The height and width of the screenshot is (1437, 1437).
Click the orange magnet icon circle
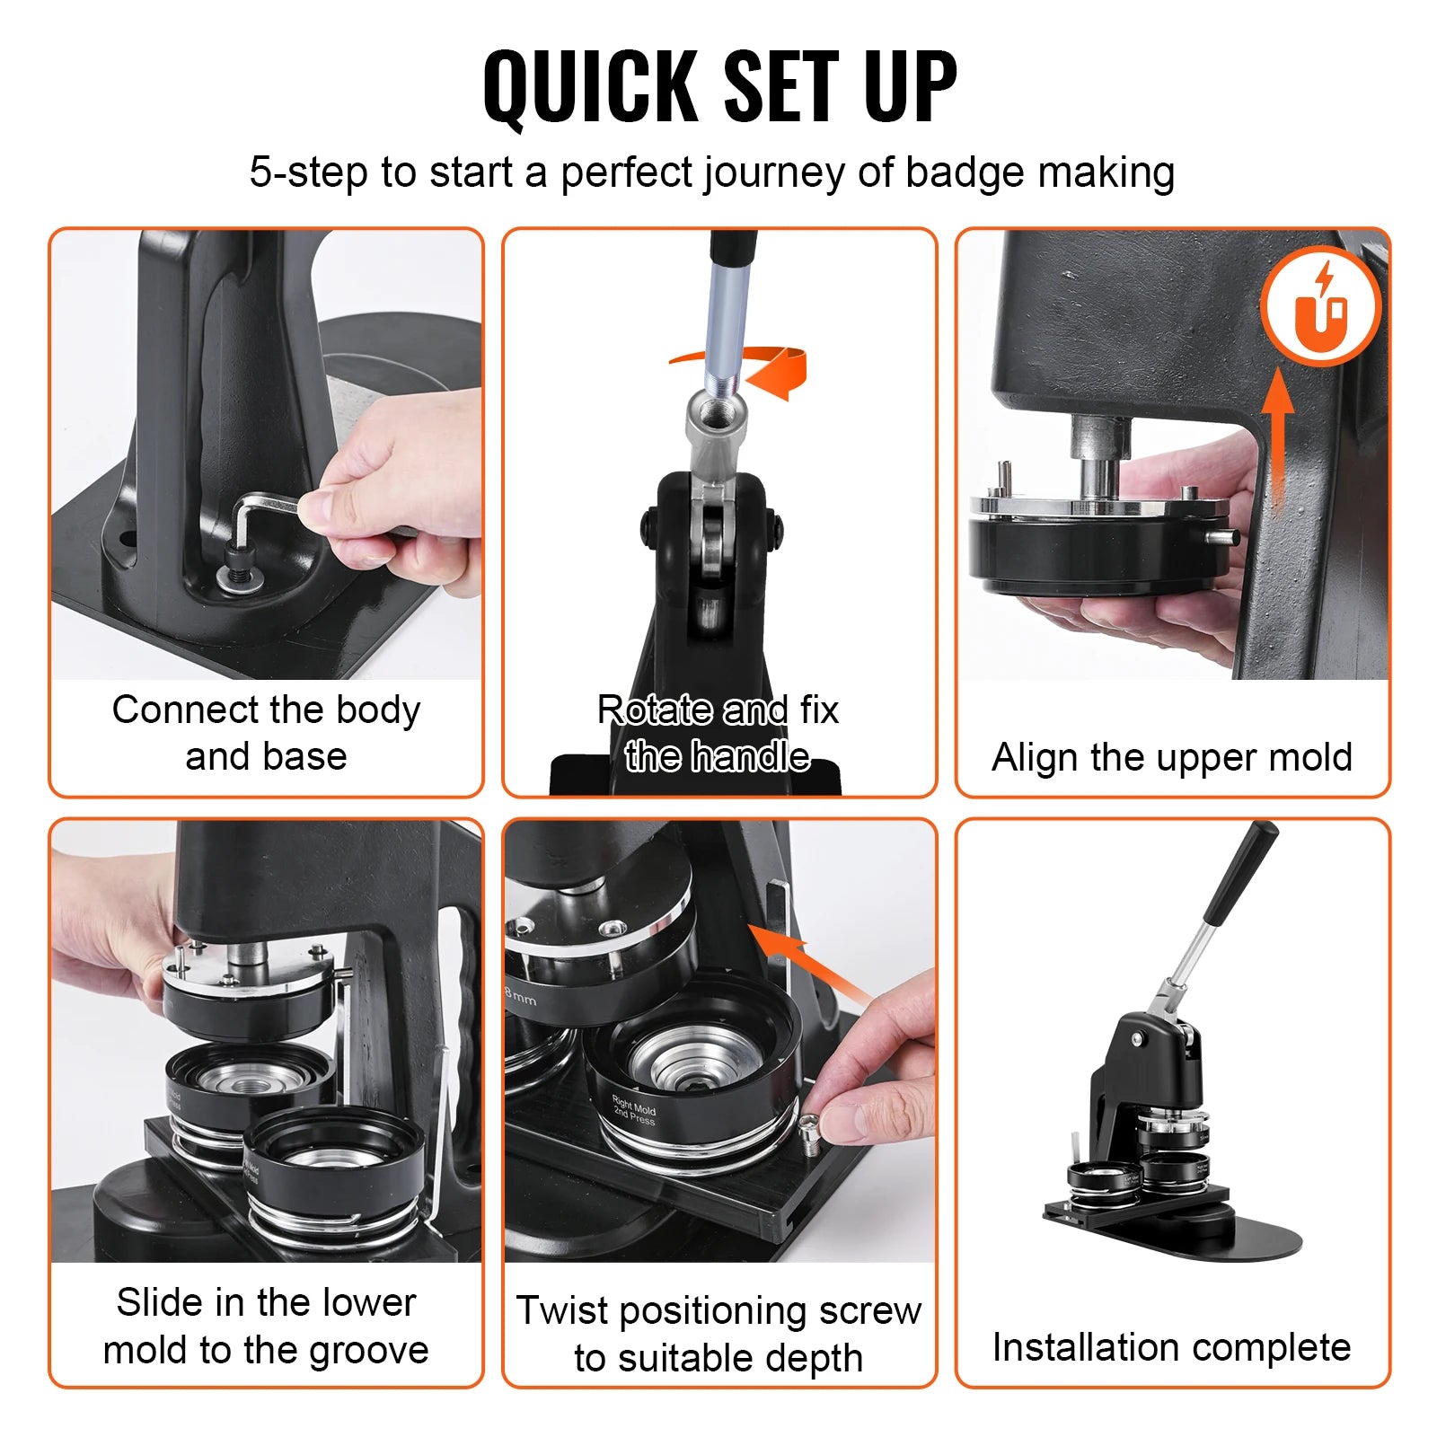tap(1319, 306)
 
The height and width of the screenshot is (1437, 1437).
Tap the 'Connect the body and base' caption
tap(266, 733)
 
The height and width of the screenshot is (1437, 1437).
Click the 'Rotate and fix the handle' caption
tap(718, 733)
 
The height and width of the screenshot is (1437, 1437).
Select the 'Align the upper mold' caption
tap(1171, 757)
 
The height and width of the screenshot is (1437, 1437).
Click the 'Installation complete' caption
tap(1171, 1347)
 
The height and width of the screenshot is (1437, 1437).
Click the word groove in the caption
tap(368, 1350)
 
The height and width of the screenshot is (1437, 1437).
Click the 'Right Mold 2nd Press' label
tap(634, 1111)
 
